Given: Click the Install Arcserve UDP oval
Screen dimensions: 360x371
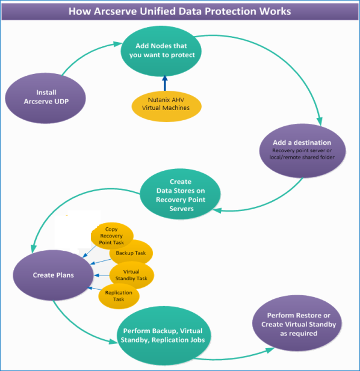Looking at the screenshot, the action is [x=46, y=98].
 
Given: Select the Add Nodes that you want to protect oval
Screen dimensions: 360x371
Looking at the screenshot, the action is [x=161, y=51].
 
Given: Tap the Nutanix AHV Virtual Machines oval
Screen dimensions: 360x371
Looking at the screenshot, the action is [x=167, y=106].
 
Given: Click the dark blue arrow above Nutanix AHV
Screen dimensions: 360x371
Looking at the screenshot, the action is [x=165, y=83].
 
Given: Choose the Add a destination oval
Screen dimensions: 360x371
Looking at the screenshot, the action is [x=302, y=151].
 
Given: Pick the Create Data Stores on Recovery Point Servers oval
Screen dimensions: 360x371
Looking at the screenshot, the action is [x=180, y=194].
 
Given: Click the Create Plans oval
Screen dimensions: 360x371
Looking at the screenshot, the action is [x=54, y=275].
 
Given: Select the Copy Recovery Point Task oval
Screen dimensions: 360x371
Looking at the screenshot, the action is [x=112, y=236].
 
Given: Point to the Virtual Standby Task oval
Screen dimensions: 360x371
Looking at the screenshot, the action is [x=132, y=275].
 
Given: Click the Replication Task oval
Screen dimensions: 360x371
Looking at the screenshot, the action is [x=119, y=296].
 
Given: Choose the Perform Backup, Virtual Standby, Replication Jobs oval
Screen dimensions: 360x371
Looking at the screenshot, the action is [x=163, y=336].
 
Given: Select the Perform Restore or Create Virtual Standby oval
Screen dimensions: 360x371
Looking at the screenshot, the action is [x=297, y=323].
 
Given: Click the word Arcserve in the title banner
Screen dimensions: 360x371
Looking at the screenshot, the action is [x=116, y=11].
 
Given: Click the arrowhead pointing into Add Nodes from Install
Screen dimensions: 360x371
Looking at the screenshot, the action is [x=118, y=44].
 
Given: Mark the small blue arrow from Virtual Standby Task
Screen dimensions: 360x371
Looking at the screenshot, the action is [x=102, y=275].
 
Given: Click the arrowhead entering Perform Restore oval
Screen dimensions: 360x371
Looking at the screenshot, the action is [x=270, y=350].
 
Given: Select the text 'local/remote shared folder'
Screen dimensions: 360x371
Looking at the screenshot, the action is [x=302, y=157].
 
